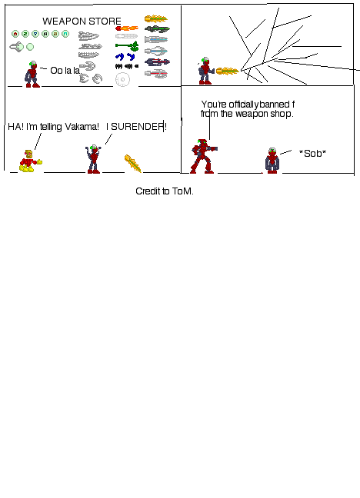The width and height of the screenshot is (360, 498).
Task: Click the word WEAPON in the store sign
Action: (x=64, y=22)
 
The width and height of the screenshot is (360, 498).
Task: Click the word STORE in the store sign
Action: (x=105, y=22)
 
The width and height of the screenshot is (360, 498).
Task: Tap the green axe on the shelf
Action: (x=127, y=46)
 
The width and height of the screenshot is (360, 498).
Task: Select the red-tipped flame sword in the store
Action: (x=127, y=28)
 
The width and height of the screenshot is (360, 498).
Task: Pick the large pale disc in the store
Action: (x=122, y=79)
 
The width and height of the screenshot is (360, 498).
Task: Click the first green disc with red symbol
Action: (x=15, y=34)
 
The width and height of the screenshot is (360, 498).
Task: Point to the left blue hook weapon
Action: (x=119, y=57)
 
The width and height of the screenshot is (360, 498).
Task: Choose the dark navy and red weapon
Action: (x=157, y=61)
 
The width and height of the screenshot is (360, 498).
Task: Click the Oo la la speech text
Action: (x=66, y=71)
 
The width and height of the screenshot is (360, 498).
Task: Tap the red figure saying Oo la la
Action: (x=32, y=75)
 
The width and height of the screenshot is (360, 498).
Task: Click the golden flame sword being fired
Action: (x=227, y=71)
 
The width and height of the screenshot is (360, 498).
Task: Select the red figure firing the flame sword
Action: (x=205, y=71)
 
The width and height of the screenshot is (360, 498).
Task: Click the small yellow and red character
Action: (x=29, y=161)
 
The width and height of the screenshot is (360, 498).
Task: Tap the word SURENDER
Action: (x=138, y=127)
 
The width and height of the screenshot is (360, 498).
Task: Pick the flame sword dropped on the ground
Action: (x=133, y=163)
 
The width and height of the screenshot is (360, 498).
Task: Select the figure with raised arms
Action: (x=94, y=159)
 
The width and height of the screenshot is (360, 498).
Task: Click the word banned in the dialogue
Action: (x=275, y=105)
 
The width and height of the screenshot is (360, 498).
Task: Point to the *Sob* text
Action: (x=312, y=154)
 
